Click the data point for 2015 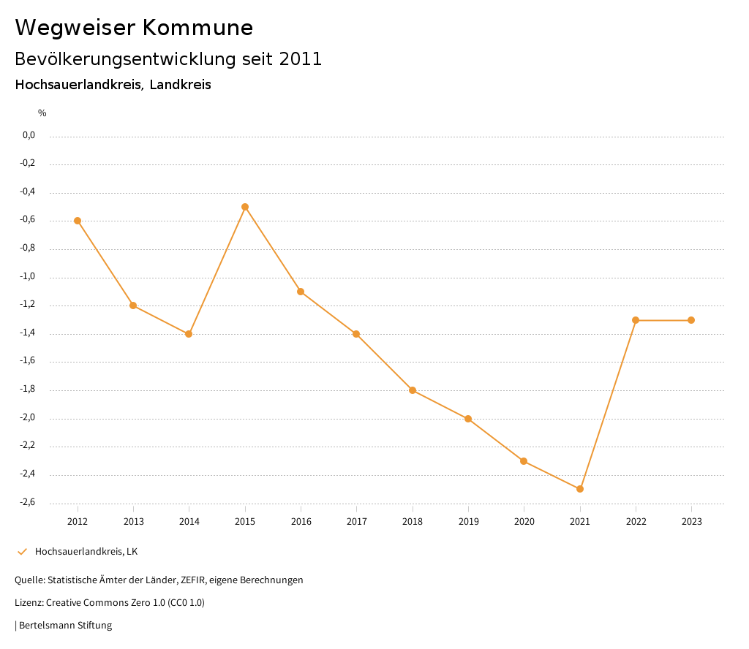coord(245,207)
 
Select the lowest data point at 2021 coord(580,489)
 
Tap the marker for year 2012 coord(78,221)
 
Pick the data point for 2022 coord(636,320)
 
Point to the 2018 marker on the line coord(413,390)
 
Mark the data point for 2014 coord(189,334)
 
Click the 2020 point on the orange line coord(524,461)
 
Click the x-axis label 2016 coord(301,522)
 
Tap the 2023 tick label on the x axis coord(691,522)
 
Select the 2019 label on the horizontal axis coord(468,522)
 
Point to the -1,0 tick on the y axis coord(29,277)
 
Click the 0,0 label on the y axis coord(29,136)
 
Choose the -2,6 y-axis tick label coord(29,503)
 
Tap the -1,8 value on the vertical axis coord(29,390)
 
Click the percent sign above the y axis coord(42,113)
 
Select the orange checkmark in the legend coord(22,552)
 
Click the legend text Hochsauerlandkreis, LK coord(86,552)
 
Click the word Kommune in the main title coord(197,28)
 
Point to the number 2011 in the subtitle coord(301,59)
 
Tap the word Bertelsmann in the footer coord(45,626)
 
